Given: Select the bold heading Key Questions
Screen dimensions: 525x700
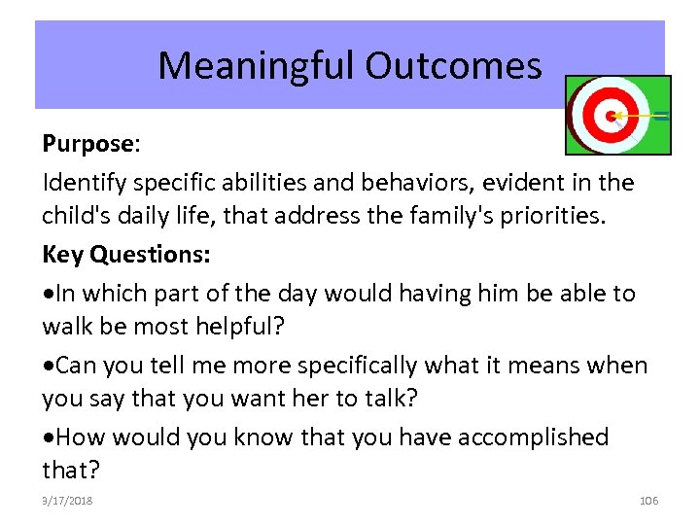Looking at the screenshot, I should (x=123, y=255).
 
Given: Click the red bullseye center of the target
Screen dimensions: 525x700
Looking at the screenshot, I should (x=611, y=116).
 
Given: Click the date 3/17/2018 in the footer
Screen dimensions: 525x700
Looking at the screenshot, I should (x=67, y=501).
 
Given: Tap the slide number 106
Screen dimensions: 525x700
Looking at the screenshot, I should (x=648, y=501).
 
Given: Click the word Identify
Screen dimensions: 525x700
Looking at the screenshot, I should (x=81, y=182).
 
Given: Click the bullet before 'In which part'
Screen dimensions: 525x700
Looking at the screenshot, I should (x=48, y=293).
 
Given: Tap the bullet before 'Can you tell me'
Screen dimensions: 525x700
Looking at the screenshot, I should (x=48, y=366).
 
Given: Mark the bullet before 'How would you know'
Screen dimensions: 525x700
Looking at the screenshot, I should (x=48, y=438).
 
